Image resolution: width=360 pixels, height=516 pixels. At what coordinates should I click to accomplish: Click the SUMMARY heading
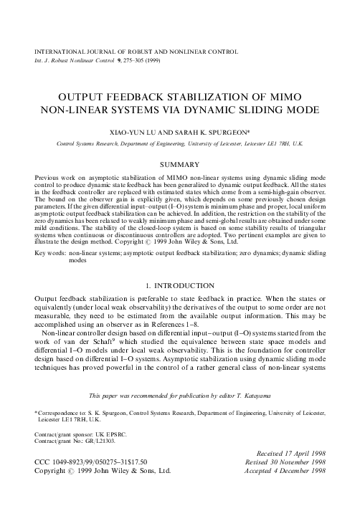click(x=179, y=165)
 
